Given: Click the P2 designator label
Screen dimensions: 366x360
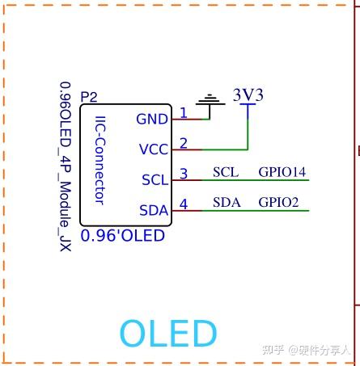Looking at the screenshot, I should tap(89, 97).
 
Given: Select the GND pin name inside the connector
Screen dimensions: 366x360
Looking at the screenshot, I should tap(152, 119).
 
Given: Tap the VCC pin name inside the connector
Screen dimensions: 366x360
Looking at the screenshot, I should tap(153, 149).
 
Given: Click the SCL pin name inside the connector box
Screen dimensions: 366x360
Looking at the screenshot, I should tap(155, 179).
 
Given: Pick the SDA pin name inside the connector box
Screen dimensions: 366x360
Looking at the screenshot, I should tap(154, 210).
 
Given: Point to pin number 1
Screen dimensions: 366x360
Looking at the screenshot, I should tap(184, 112).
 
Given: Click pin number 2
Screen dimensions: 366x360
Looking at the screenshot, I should tap(184, 143).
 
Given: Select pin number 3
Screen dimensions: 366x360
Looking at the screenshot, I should tap(184, 173).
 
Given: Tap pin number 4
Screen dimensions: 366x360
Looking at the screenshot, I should tap(184, 204).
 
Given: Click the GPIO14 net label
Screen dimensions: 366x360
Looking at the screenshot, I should tap(282, 172).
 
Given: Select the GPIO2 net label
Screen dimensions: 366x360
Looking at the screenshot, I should tap(278, 202).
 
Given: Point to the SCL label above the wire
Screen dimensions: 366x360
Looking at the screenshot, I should tap(226, 172).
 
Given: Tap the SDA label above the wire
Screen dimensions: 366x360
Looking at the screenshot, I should tap(227, 202).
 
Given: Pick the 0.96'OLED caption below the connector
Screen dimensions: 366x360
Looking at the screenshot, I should tap(129, 236).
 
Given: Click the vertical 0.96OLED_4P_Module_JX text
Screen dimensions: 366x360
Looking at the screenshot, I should tap(65, 165).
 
